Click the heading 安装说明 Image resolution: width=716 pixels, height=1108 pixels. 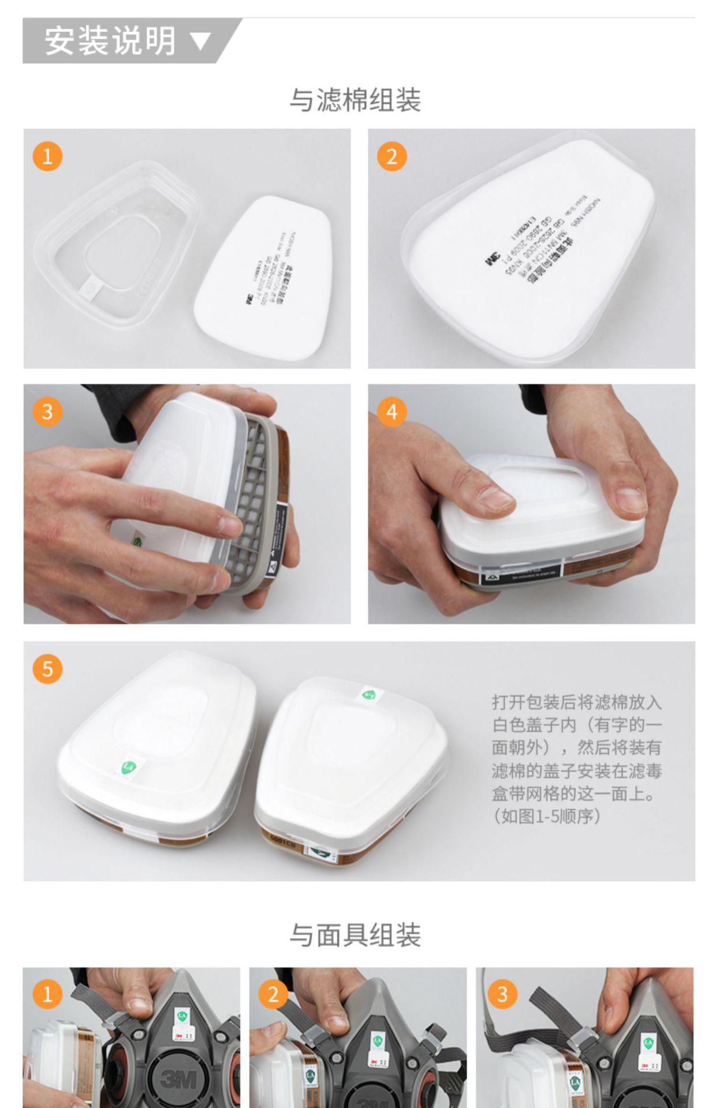coord(110,41)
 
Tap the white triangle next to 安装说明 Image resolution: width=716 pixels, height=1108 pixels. coord(200,42)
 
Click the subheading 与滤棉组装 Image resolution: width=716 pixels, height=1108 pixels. coord(355,100)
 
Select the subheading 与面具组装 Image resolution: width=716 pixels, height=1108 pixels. coord(355,935)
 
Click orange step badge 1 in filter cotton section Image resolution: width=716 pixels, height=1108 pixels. coord(47,156)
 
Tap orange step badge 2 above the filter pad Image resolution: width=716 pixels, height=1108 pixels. coord(392,156)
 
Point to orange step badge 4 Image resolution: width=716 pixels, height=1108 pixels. coord(392,412)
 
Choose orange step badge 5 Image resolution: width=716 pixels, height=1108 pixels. coord(47,669)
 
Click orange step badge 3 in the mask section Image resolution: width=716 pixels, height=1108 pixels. coord(502,994)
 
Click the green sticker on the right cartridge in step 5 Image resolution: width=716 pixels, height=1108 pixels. coord(368,694)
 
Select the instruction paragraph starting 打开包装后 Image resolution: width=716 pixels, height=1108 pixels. coord(576,747)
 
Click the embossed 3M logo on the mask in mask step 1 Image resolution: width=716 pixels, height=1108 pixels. coord(180,1077)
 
